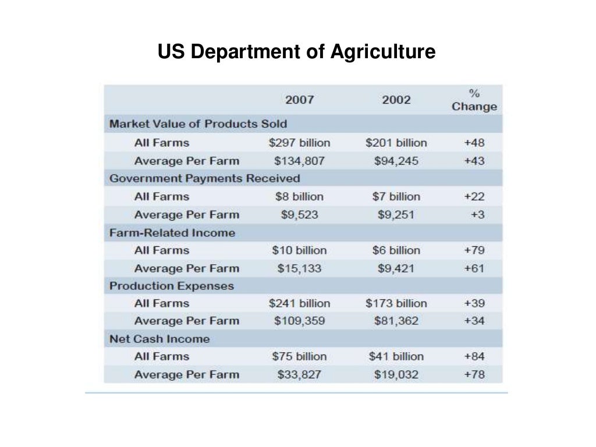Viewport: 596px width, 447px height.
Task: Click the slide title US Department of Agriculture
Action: coord(296,52)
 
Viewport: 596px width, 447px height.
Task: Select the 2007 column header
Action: coord(299,100)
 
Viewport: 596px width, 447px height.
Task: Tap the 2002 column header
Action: coord(396,100)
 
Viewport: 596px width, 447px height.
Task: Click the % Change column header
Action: coord(474,100)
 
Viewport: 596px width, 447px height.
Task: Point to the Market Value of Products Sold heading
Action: coord(198,124)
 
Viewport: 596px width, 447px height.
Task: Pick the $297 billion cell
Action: coord(299,143)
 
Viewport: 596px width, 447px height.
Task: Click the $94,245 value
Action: coord(396,161)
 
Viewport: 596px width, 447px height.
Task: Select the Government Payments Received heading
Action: coord(205,178)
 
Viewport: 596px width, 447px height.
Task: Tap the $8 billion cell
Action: coord(299,197)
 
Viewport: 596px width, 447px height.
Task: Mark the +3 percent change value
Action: coord(477,215)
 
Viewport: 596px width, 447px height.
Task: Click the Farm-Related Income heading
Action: coord(172,233)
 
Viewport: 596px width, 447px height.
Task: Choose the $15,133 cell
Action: coord(299,268)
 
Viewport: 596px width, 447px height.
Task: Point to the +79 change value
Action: coord(474,250)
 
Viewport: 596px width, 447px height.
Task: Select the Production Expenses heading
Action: coord(172,286)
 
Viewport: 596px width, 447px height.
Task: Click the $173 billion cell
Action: coord(396,303)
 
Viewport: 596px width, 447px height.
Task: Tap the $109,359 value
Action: coord(299,321)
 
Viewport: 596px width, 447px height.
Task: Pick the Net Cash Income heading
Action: coord(159,339)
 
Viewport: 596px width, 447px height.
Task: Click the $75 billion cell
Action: coord(299,356)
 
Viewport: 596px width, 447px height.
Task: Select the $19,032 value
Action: coord(396,374)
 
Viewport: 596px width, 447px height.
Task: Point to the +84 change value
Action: coord(474,356)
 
